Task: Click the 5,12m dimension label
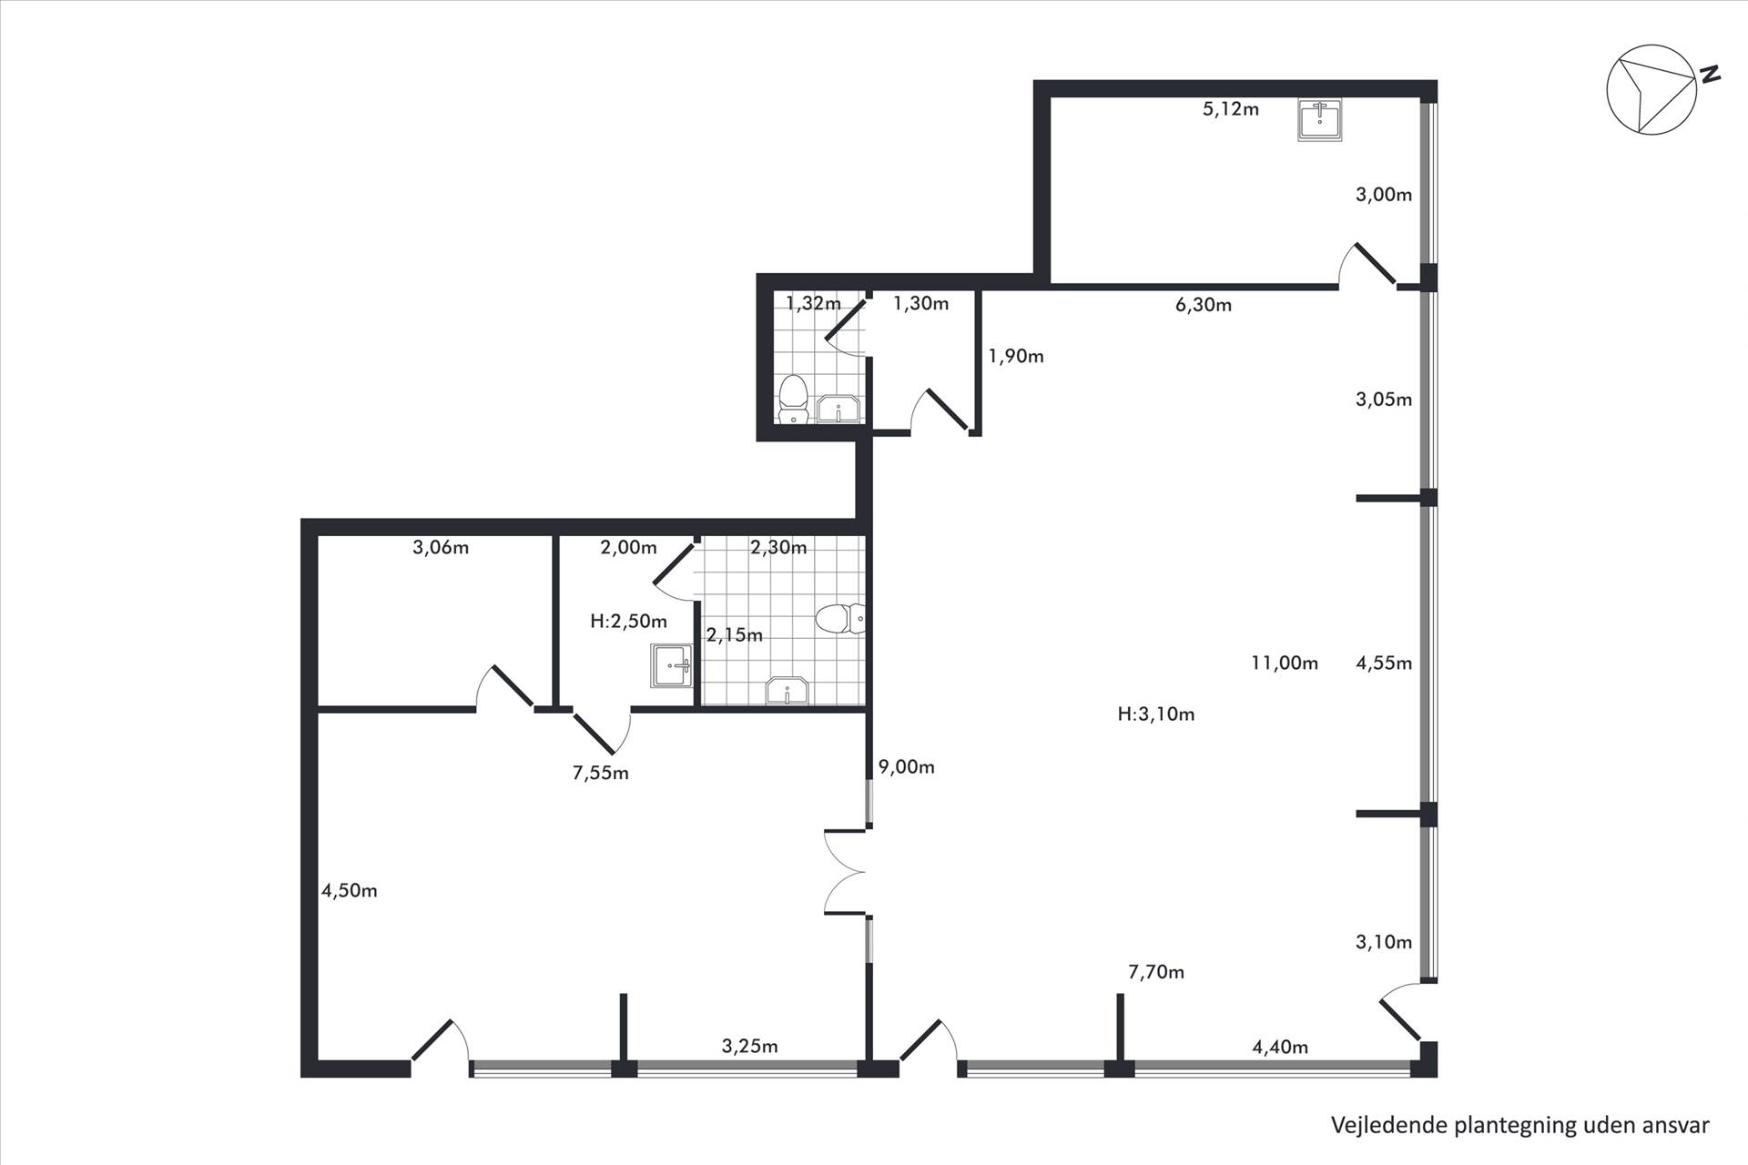1231,109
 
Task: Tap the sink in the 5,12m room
1319,120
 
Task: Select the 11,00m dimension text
1285,663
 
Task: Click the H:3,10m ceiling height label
1156,714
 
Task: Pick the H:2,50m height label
628,622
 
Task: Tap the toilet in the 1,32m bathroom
794,400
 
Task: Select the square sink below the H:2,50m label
672,666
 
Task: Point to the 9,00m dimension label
907,767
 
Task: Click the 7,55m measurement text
601,774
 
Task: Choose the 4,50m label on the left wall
350,891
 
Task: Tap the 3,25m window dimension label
750,1047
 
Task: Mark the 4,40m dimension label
1280,1048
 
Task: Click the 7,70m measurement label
1156,972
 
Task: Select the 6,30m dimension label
1204,305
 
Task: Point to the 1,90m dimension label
1016,357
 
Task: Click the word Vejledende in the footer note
1387,1125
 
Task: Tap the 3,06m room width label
441,548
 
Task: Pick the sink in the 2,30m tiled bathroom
788,691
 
